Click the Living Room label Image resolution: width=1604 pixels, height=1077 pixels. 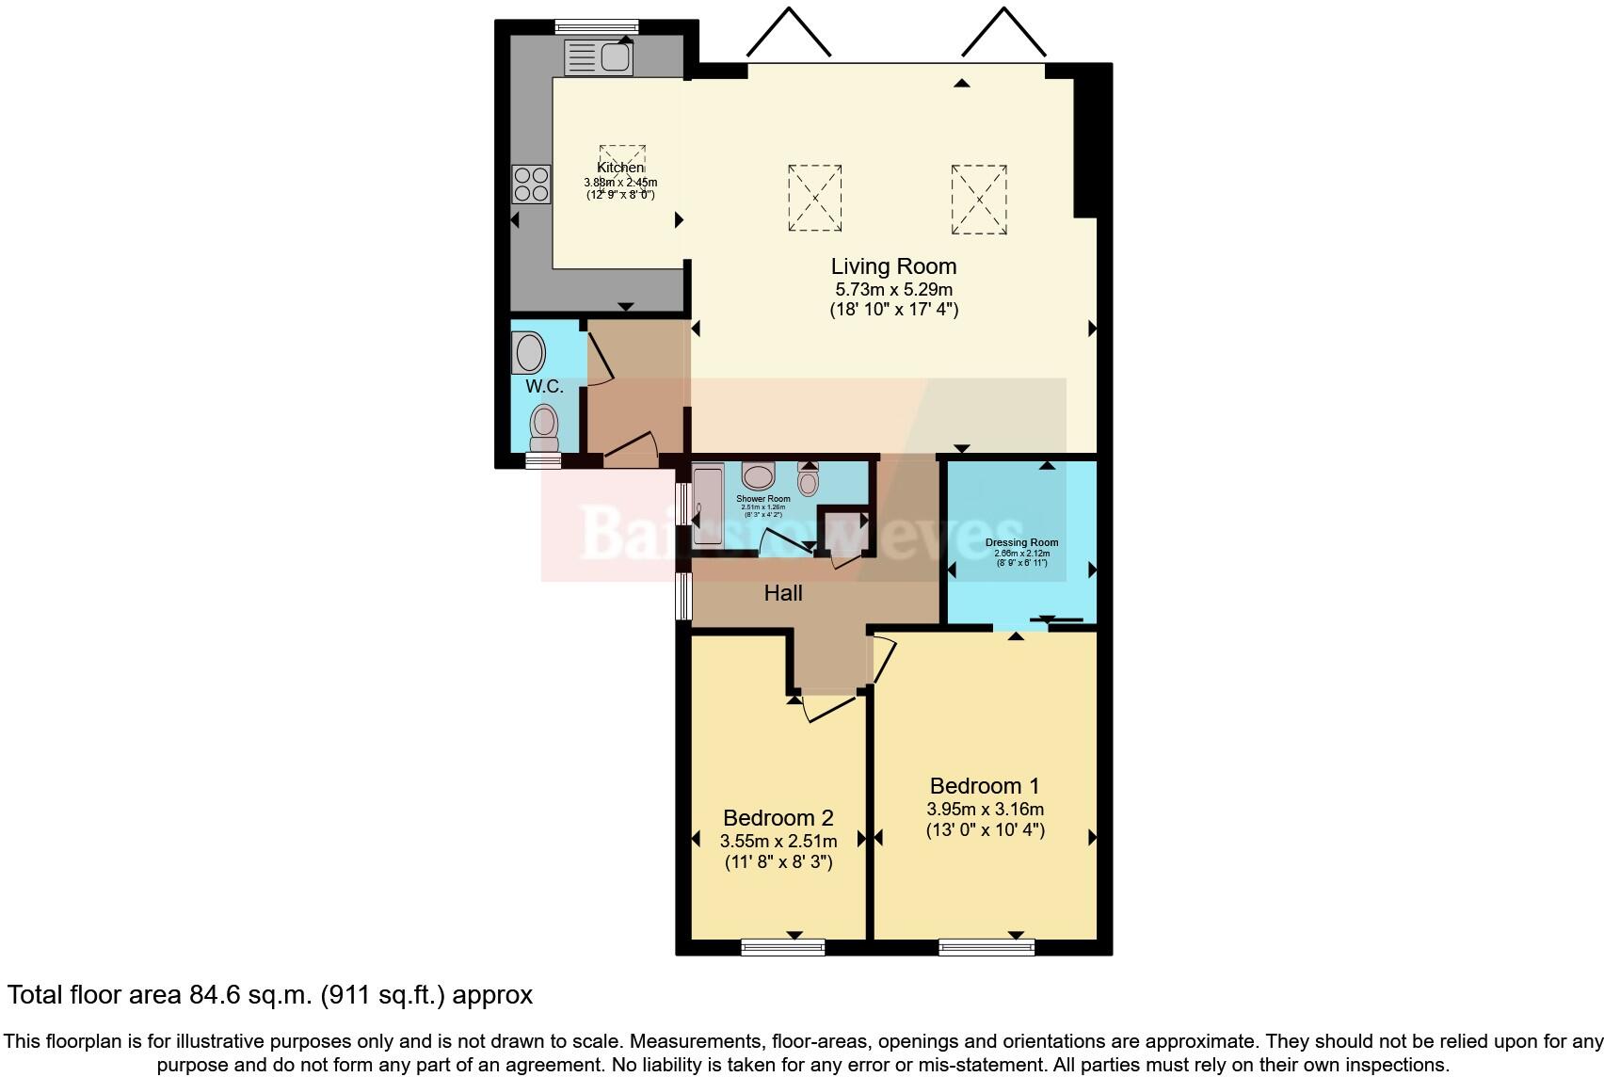coord(893,266)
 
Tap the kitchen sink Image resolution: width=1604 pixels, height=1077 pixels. coord(599,58)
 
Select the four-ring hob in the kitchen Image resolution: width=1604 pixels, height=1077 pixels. coord(531,184)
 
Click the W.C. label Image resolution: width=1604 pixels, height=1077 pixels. coord(544,387)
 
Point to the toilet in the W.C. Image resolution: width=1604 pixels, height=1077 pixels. coord(544,428)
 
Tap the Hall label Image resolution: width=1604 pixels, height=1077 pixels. coord(783,593)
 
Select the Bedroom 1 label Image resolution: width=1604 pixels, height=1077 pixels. coord(985,786)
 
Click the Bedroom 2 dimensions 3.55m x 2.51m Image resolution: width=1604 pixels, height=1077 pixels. coord(778,841)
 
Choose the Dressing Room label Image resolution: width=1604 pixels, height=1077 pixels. coord(1021,542)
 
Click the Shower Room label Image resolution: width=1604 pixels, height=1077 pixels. coord(762,499)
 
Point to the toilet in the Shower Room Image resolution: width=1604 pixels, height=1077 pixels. coord(809,479)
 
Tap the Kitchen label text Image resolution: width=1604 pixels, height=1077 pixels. coord(620,168)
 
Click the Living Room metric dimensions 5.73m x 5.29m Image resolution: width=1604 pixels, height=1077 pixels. coord(893,290)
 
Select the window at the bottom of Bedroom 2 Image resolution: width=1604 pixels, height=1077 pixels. coord(783,947)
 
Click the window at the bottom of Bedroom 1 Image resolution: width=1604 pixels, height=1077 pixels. coord(986,947)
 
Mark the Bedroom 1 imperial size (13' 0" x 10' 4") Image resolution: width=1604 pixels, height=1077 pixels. coord(985,830)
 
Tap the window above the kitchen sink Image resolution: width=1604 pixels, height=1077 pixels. coord(596,26)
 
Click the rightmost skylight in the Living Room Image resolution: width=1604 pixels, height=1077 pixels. coord(979,200)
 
